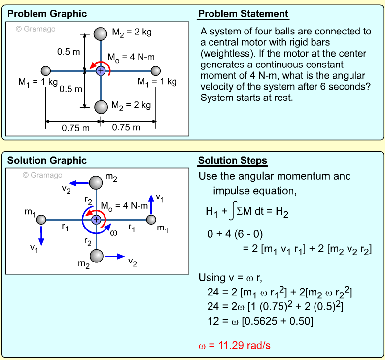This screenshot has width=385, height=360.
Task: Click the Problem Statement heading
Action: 243,14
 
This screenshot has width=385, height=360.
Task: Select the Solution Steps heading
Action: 232,161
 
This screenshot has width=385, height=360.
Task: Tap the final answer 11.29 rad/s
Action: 234,345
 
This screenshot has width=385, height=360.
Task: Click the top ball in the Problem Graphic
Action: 101,34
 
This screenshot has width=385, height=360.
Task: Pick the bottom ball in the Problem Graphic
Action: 101,107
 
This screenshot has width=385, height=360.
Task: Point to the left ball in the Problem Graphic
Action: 46,71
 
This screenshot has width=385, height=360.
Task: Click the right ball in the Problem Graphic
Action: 156,71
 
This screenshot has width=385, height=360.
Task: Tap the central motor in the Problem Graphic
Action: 101,71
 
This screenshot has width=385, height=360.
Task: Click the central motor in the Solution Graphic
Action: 96,219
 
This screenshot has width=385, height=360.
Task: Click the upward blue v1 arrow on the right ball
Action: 151,206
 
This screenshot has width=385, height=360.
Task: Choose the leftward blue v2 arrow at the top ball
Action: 79,183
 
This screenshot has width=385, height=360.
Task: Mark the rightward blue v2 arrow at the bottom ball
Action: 114,256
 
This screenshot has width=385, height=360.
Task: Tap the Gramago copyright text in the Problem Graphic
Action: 35,29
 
